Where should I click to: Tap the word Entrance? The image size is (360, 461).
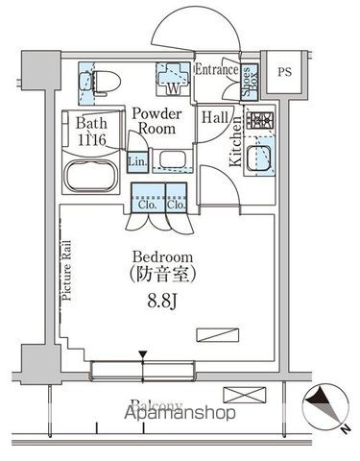[215, 71]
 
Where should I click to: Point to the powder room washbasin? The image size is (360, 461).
[172, 159]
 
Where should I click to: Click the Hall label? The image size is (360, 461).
[215, 117]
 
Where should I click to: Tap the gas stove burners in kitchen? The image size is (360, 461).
[260, 122]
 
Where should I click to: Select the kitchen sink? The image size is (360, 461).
[260, 158]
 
